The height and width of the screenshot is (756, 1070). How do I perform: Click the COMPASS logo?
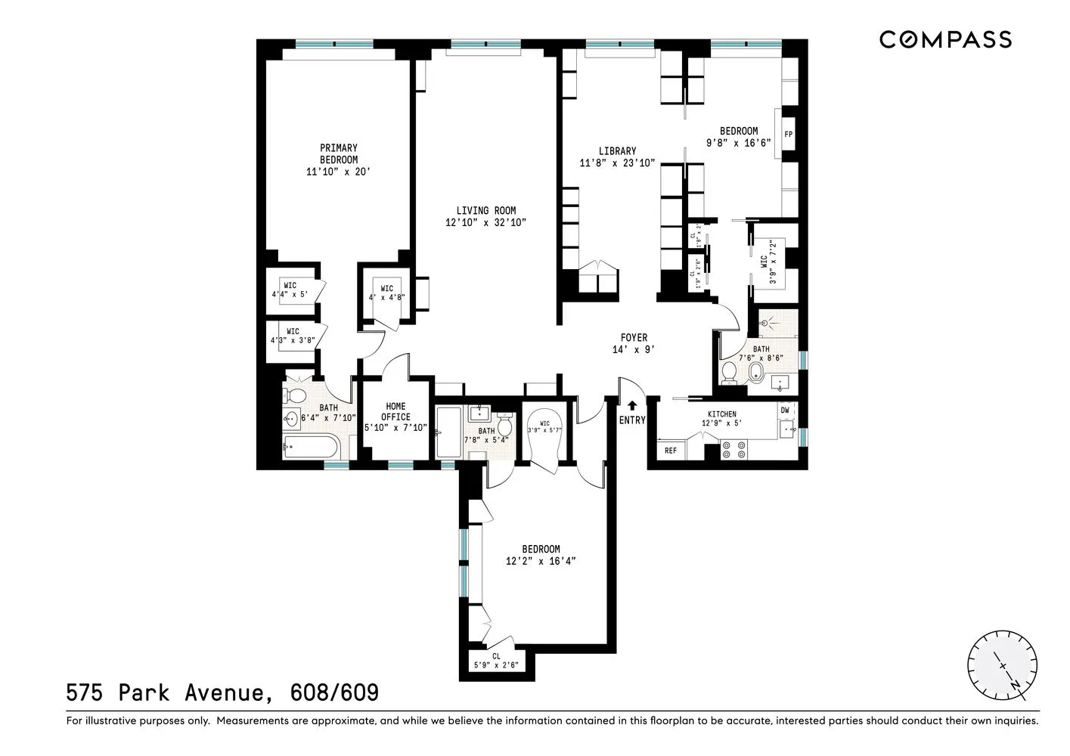(x=944, y=39)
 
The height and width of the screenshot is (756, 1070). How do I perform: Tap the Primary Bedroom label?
(x=338, y=154)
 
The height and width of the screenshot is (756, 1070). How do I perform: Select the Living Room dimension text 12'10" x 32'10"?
(x=485, y=222)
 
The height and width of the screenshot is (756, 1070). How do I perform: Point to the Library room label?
(x=617, y=151)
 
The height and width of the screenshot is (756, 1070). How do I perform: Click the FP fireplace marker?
(x=788, y=135)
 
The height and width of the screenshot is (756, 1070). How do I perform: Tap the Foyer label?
(x=634, y=338)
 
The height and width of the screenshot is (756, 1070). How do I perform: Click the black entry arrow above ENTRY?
(x=632, y=405)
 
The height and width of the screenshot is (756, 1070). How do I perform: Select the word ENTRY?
(x=632, y=420)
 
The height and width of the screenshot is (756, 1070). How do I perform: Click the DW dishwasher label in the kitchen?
(x=785, y=411)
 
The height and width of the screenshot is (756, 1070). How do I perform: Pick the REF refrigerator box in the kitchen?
(x=671, y=451)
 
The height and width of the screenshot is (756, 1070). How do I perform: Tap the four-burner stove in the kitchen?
(x=733, y=451)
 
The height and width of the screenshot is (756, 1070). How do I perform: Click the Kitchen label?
(x=721, y=414)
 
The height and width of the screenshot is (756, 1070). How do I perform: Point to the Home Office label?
(x=395, y=412)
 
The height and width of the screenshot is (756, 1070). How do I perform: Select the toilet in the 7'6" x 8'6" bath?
(x=730, y=372)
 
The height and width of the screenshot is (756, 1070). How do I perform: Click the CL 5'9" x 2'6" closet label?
(x=496, y=661)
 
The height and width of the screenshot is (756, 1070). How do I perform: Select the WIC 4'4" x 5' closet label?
(x=290, y=290)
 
